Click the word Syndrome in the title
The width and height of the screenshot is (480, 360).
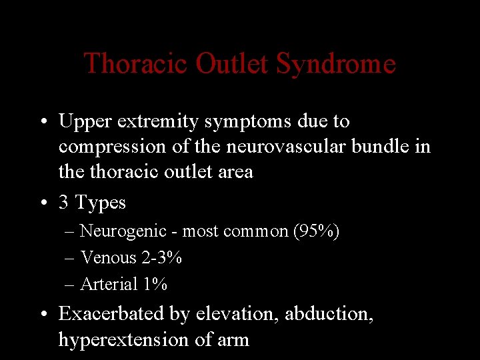(335, 65)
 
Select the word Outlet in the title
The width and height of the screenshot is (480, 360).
(232, 64)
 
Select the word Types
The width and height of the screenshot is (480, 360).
(101, 203)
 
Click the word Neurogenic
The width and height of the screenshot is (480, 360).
(123, 232)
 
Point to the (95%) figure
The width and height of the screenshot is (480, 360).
(315, 231)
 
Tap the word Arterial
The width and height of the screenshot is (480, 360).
(108, 284)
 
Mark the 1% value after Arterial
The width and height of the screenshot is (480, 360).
(155, 284)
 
